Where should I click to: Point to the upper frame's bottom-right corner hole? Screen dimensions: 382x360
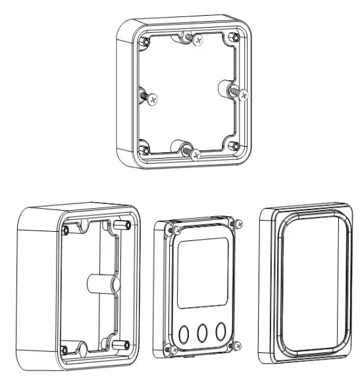pos(234,146)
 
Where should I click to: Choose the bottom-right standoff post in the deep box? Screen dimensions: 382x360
pos(122,344)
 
